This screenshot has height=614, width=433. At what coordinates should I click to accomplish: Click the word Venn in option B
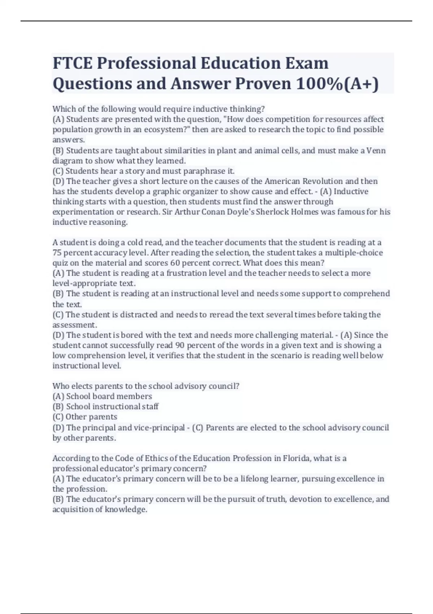376,150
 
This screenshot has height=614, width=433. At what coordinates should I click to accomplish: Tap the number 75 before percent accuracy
57,253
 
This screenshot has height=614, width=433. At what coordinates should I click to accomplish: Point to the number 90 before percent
180,345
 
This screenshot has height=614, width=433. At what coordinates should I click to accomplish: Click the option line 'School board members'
102,396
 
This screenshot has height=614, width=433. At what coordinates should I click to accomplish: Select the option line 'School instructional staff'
105,406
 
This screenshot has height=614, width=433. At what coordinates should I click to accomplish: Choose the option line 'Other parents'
85,417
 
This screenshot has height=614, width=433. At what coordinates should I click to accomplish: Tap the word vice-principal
159,428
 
